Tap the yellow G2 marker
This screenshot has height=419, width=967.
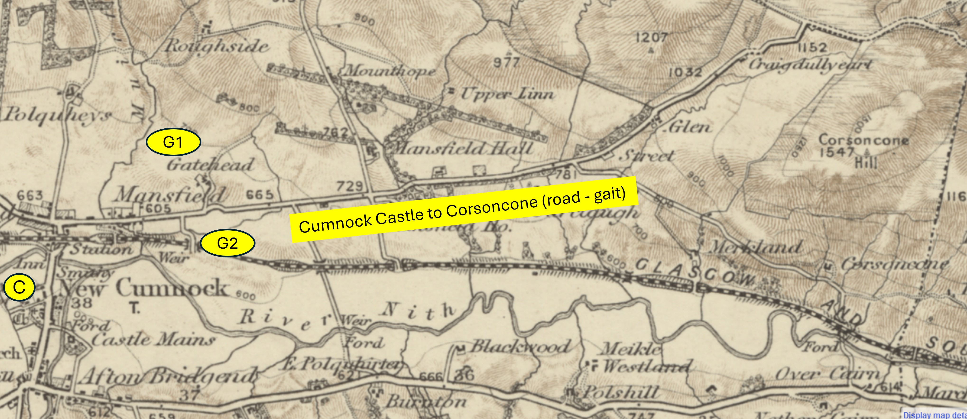[x=228, y=243]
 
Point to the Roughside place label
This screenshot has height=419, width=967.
[x=217, y=46]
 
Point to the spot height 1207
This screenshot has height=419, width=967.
[x=651, y=37]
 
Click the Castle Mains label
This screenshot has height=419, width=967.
[x=153, y=340]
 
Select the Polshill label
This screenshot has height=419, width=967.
[x=620, y=393]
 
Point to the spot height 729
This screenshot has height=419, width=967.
[x=349, y=186]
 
